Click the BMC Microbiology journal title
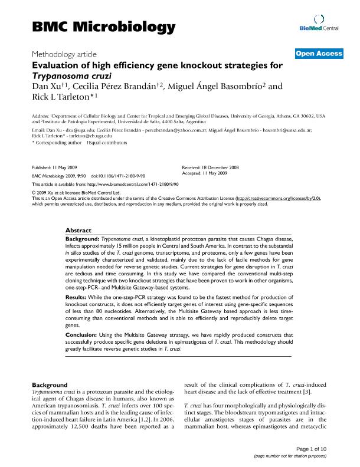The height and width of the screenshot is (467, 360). [x=103, y=27]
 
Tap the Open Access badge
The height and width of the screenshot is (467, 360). [x=319, y=54]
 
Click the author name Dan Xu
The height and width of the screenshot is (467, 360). [x=48, y=86]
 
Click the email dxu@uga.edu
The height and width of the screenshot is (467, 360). [x=86, y=130]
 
